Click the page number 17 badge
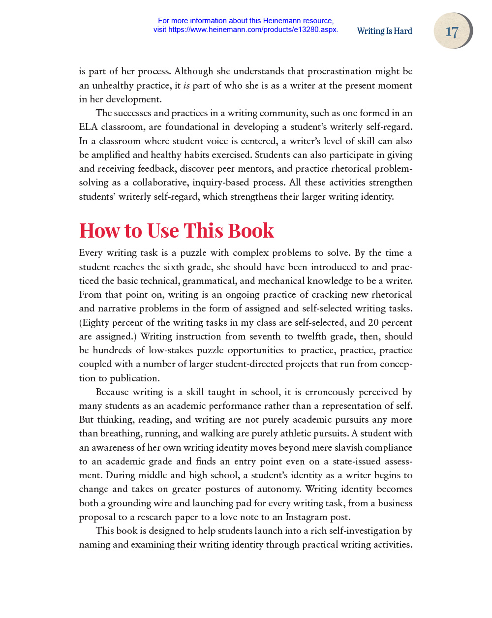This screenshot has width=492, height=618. click(452, 31)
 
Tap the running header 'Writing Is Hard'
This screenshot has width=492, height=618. click(384, 31)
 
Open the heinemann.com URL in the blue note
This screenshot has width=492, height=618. click(253, 30)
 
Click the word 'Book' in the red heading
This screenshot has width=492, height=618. click(250, 231)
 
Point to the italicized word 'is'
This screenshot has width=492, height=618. click(186, 86)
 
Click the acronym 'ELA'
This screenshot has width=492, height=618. click(88, 127)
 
